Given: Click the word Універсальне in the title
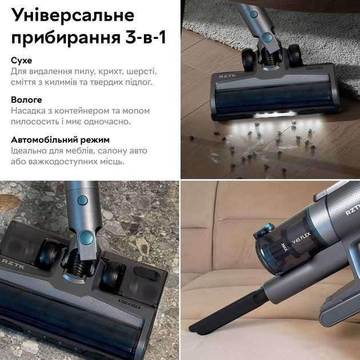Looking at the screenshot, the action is [x=73, y=15].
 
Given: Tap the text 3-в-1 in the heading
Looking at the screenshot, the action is [x=146, y=38].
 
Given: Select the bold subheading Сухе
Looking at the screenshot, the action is [x=21, y=61].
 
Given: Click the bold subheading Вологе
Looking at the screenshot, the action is [x=26, y=100].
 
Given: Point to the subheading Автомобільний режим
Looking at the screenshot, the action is [x=60, y=140].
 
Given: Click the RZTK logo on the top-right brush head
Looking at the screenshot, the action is [x=224, y=76].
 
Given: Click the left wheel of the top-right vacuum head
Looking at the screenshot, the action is [x=249, y=58].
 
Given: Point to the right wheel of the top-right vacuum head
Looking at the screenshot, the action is [x=294, y=55].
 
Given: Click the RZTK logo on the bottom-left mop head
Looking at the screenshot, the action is [x=13, y=263].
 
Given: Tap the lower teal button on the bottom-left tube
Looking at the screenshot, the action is [x=86, y=238].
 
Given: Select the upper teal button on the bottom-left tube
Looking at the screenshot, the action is [x=82, y=201].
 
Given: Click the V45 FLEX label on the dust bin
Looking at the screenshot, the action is [x=302, y=238].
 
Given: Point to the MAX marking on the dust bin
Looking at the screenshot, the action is [x=284, y=247].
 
